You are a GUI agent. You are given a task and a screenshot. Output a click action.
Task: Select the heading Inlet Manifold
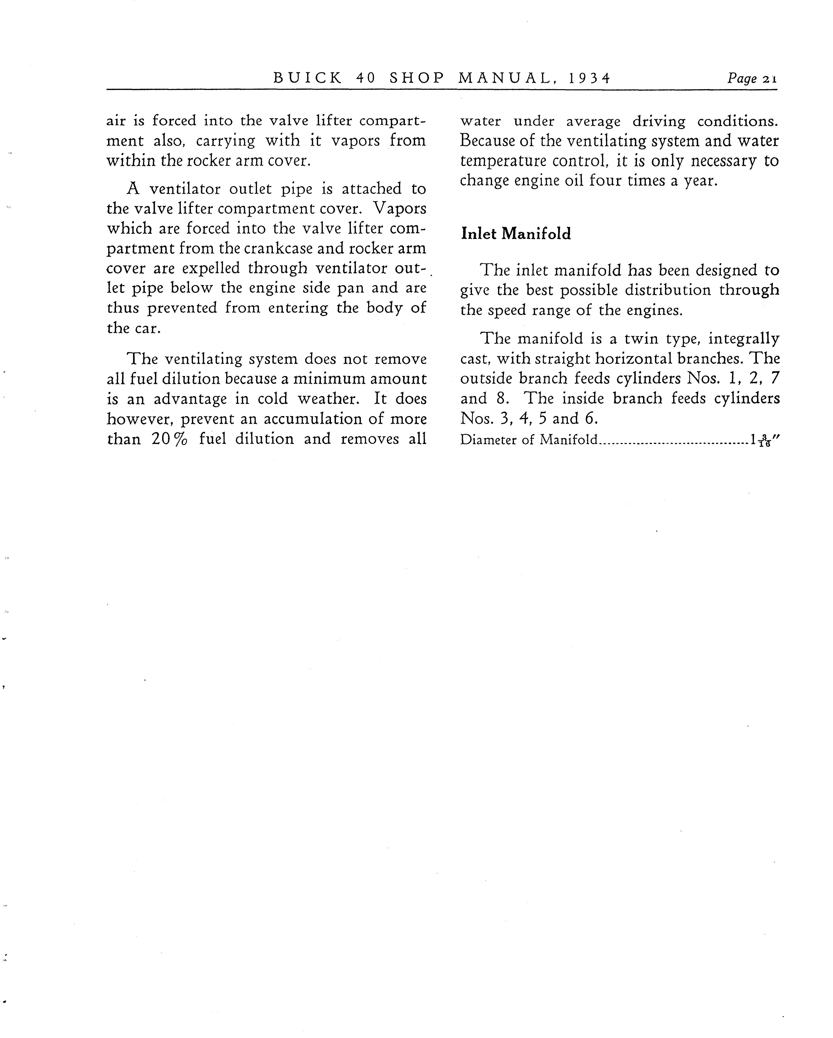(516, 234)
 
